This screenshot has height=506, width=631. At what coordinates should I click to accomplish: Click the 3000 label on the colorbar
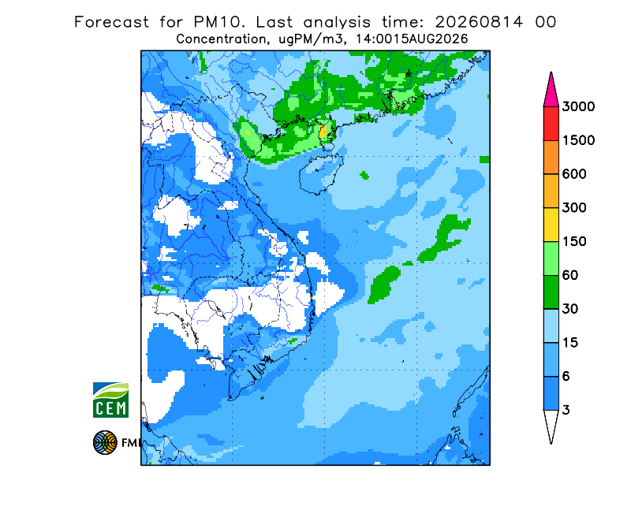[x=578, y=106]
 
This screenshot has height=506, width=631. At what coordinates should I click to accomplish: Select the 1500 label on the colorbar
[x=578, y=140]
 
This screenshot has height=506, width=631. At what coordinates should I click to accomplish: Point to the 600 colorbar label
[x=574, y=174]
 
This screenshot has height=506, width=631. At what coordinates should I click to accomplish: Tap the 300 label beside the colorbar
[x=574, y=208]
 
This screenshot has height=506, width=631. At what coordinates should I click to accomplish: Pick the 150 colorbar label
[x=574, y=242]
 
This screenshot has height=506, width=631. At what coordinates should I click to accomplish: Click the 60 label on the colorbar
[x=570, y=276]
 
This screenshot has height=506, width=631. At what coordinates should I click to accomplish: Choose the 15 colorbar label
[x=570, y=343]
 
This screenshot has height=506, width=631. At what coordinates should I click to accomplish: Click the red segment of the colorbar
[x=551, y=124]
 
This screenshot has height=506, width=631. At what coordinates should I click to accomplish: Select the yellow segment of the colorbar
[x=551, y=225]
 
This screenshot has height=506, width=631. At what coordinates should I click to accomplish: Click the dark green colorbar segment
[x=551, y=292]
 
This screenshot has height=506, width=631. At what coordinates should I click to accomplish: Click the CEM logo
[x=110, y=400]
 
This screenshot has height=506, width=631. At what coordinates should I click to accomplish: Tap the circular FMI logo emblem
[x=105, y=442]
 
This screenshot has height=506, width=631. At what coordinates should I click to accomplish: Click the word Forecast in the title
[x=111, y=22]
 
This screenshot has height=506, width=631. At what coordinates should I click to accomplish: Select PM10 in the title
[x=218, y=22]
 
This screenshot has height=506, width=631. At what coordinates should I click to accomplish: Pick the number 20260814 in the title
[x=479, y=22]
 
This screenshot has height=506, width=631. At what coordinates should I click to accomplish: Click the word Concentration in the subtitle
[x=221, y=39]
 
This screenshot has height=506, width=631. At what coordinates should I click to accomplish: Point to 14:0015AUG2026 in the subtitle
[x=412, y=39]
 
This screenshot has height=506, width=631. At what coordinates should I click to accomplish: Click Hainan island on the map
[x=321, y=173]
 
